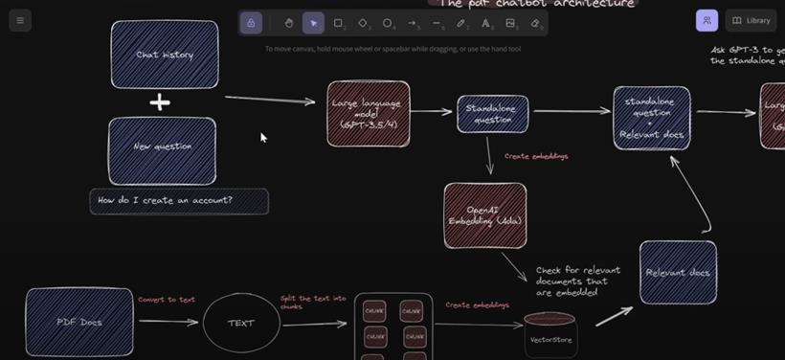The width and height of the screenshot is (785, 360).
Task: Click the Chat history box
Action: coord(165,55)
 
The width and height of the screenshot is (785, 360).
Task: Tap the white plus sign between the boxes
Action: coord(160,101)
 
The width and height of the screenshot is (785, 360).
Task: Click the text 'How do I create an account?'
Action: coord(166,201)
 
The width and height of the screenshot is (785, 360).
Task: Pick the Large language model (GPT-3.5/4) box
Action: coord(368,114)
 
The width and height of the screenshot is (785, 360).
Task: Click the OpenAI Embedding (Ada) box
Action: coord(484,216)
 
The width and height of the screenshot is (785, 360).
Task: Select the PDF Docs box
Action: coord(78,322)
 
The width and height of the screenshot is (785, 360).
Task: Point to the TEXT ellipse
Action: coord(241,323)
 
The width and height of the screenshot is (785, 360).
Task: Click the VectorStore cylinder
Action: coord(550,334)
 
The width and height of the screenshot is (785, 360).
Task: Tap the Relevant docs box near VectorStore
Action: coord(678,273)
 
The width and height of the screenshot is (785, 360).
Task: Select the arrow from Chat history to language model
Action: coord(269,99)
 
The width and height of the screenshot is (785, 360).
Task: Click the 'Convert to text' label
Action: coord(167,300)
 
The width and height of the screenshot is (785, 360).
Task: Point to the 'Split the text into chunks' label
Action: coord(313,302)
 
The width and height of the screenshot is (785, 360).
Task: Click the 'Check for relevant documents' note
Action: coord(577,281)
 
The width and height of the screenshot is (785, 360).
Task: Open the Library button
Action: coord(751,20)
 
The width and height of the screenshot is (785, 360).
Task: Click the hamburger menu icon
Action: coord(19,20)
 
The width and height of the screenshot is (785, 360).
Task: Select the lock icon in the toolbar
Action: coord(251,23)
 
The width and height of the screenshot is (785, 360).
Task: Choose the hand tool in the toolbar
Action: coord(288,23)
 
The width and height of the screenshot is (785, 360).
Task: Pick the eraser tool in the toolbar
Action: coord(535,23)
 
